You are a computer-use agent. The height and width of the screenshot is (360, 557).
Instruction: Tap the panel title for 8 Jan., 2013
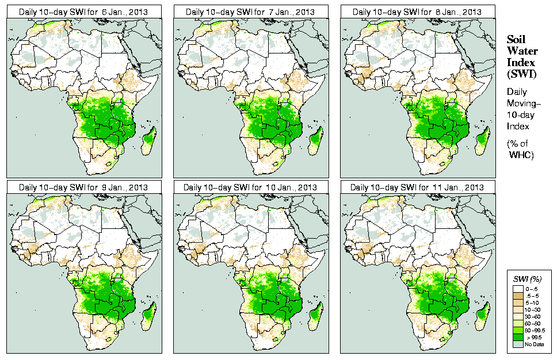417,12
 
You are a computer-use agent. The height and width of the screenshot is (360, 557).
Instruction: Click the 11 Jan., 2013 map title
417,187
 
